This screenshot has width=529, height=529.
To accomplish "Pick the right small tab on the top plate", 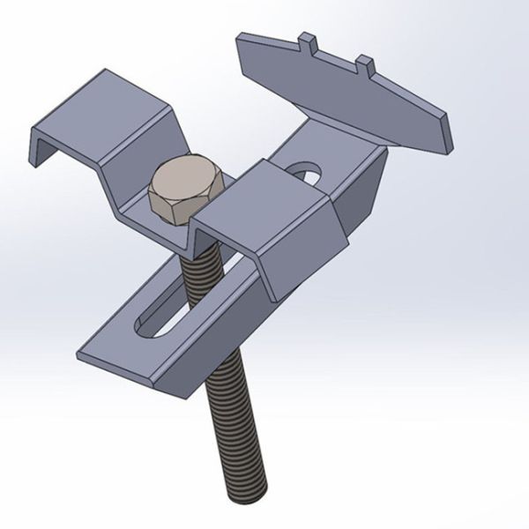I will (x=365, y=63).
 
